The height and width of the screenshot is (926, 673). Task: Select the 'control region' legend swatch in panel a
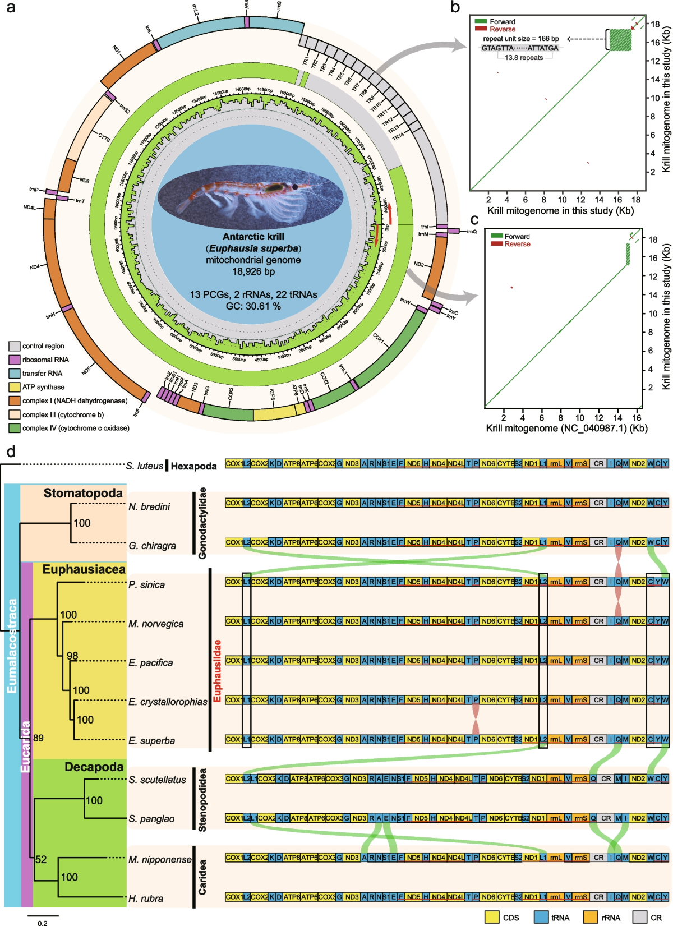click(15, 346)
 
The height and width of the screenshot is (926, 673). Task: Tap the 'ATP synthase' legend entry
click(43, 387)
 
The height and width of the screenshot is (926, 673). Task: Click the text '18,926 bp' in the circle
click(253, 271)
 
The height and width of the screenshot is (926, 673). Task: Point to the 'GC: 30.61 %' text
click(253, 306)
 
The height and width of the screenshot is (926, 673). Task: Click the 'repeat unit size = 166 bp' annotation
click(521, 39)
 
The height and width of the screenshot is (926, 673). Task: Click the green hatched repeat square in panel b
click(620, 40)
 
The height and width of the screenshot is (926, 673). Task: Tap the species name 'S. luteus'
click(145, 466)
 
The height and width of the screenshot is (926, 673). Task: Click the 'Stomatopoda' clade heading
click(83, 493)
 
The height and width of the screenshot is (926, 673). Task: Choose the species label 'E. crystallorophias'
click(168, 702)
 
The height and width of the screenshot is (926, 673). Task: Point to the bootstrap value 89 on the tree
click(38, 738)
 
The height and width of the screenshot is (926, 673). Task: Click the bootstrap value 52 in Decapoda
click(41, 859)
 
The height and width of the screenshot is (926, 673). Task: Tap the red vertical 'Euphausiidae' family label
click(218, 671)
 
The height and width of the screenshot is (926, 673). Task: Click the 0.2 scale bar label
click(43, 923)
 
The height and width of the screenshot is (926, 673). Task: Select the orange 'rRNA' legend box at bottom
click(591, 917)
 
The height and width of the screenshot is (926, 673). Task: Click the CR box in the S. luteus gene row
click(599, 464)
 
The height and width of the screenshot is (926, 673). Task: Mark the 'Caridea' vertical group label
click(202, 877)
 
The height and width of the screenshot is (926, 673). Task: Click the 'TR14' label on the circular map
click(398, 137)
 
